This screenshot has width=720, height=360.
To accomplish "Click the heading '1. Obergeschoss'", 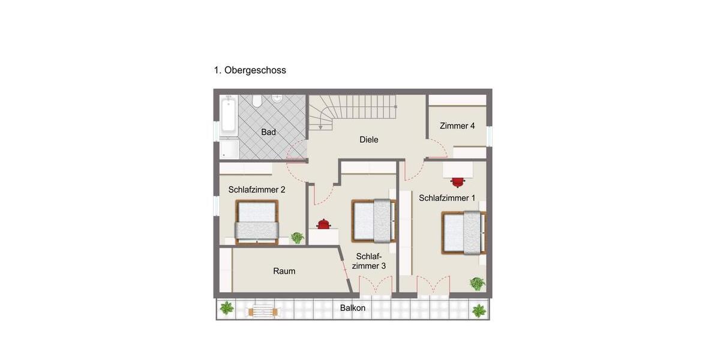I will [x=250, y=70].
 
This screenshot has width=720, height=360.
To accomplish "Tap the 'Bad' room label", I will [x=268, y=132].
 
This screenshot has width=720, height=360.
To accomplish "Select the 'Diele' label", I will [x=369, y=140].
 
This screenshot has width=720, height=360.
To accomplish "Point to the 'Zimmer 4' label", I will [x=457, y=126].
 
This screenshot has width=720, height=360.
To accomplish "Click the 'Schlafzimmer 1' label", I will [x=447, y=198].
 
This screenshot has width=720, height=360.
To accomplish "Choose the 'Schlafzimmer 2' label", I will [x=257, y=190].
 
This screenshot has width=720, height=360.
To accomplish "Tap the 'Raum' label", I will [x=284, y=271].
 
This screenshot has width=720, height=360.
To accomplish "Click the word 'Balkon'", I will [x=353, y=308].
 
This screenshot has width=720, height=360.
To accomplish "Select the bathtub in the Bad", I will [x=229, y=116].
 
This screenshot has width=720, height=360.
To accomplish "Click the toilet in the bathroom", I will [x=257, y=101].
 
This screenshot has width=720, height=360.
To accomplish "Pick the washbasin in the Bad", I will [x=277, y=98].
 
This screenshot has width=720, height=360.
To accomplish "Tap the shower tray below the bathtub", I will [x=229, y=148].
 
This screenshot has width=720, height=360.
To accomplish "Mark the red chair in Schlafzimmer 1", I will [x=458, y=181].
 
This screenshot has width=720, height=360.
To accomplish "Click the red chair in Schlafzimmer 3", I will [x=323, y=224].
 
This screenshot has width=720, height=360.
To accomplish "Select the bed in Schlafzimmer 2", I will [x=257, y=222].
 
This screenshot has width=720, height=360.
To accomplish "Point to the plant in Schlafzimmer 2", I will [x=297, y=238].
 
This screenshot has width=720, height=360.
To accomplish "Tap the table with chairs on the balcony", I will [x=263, y=311].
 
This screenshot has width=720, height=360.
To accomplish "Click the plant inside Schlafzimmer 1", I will [x=477, y=283].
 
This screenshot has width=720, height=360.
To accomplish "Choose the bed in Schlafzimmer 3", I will [x=374, y=220].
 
